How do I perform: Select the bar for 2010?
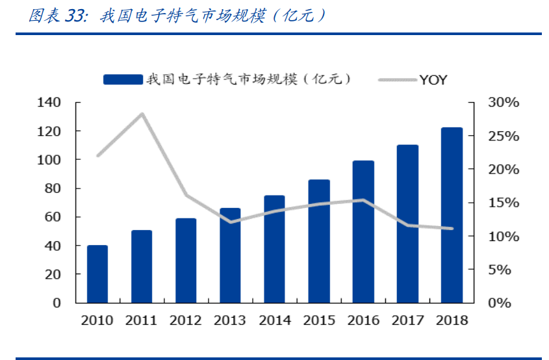[x=97, y=274]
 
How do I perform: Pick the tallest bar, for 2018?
[x=452, y=215]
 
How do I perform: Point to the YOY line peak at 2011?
[x=142, y=114]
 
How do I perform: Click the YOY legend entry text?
[x=433, y=80]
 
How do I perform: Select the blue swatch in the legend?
[x=123, y=79]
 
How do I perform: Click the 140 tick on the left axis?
[x=49, y=103]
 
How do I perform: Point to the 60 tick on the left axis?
[x=53, y=217]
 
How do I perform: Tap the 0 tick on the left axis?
[x=57, y=303]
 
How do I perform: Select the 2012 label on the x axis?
[x=186, y=320]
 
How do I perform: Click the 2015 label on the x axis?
[x=318, y=320]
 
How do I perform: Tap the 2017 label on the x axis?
[x=407, y=320]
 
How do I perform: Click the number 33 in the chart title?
[x=77, y=16]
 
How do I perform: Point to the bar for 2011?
[x=142, y=266]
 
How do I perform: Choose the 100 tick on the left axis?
[x=49, y=160]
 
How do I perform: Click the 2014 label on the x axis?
[x=274, y=320]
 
